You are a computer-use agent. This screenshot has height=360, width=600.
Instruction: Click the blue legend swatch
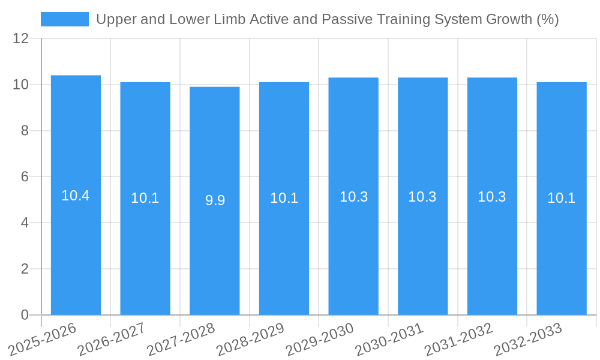click(64, 19)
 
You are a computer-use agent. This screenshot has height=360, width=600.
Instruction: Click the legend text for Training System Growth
click(327, 19)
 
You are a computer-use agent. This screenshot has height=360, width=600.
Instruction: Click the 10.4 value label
click(76, 196)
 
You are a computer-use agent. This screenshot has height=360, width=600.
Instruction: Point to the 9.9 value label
click(215, 200)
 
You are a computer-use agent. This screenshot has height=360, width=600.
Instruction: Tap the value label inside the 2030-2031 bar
click(422, 197)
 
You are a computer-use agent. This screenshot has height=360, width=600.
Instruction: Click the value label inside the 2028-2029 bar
click(284, 198)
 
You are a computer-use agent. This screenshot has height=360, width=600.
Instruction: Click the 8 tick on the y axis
click(25, 131)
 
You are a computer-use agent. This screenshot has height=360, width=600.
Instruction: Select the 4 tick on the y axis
click(25, 223)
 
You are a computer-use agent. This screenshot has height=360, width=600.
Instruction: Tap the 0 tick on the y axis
click(25, 315)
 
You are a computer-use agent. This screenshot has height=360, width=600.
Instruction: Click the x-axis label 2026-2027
click(112, 338)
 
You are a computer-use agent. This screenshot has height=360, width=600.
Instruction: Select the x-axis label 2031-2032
click(458, 338)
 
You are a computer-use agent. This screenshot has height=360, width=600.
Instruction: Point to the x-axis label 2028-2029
click(250, 338)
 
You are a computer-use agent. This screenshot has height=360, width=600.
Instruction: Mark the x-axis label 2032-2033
click(528, 338)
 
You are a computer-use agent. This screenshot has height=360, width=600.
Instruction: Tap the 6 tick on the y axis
click(25, 177)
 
